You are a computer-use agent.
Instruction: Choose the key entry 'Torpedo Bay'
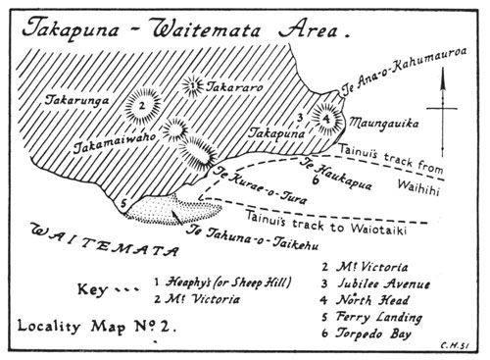[x=370, y=336]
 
